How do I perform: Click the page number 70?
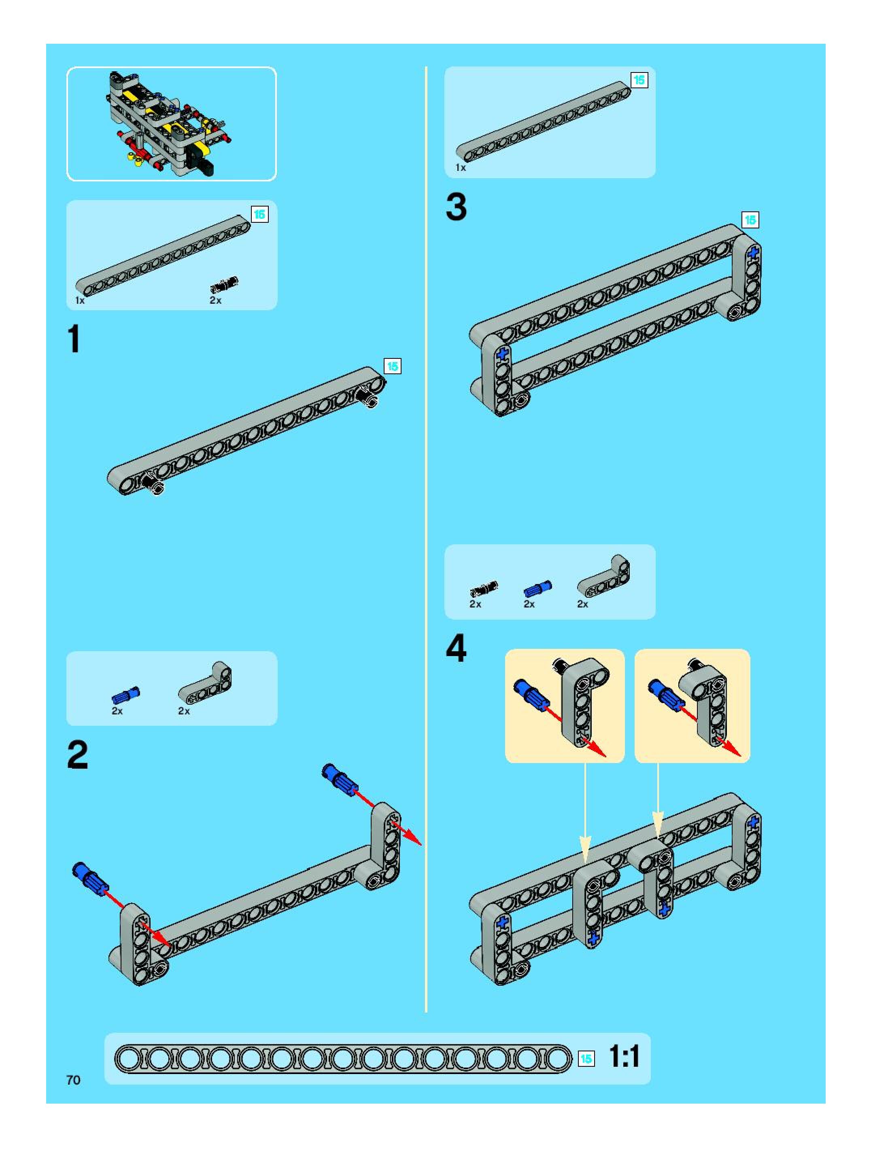click(x=73, y=1080)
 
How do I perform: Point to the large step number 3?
click(x=456, y=207)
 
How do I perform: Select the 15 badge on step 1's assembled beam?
click(x=392, y=367)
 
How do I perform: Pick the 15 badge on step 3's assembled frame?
click(x=750, y=220)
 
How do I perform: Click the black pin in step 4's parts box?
click(x=484, y=588)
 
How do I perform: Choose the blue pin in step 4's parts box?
click(x=537, y=588)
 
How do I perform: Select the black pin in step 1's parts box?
click(x=224, y=284)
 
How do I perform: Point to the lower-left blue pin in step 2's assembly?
click(x=91, y=879)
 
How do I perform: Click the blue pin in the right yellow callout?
click(x=665, y=694)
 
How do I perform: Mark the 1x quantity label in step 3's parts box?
click(x=461, y=168)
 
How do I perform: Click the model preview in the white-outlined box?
click(x=170, y=124)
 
